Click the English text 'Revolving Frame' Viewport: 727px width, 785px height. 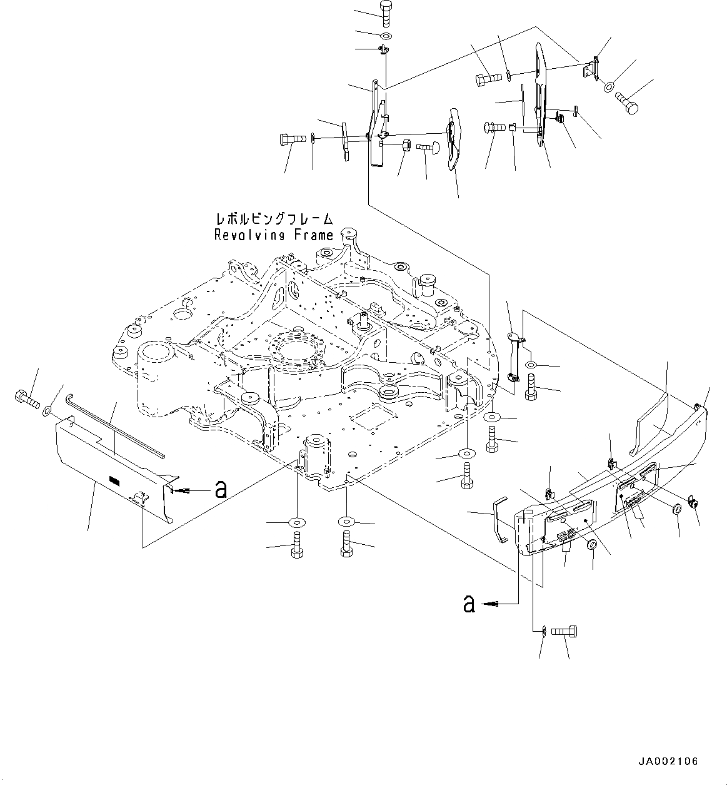[273, 235]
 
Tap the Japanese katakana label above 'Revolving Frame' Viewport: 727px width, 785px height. [273, 220]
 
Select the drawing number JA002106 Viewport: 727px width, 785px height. [668, 761]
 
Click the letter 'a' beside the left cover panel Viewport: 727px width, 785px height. [220, 490]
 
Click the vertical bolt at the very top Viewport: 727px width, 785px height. [385, 13]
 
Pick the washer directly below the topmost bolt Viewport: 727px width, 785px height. [385, 35]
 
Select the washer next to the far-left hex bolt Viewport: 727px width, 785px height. [48, 412]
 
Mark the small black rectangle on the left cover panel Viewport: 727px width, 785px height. [114, 480]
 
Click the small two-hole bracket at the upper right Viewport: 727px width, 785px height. [591, 68]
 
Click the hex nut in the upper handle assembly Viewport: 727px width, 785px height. [404, 145]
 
